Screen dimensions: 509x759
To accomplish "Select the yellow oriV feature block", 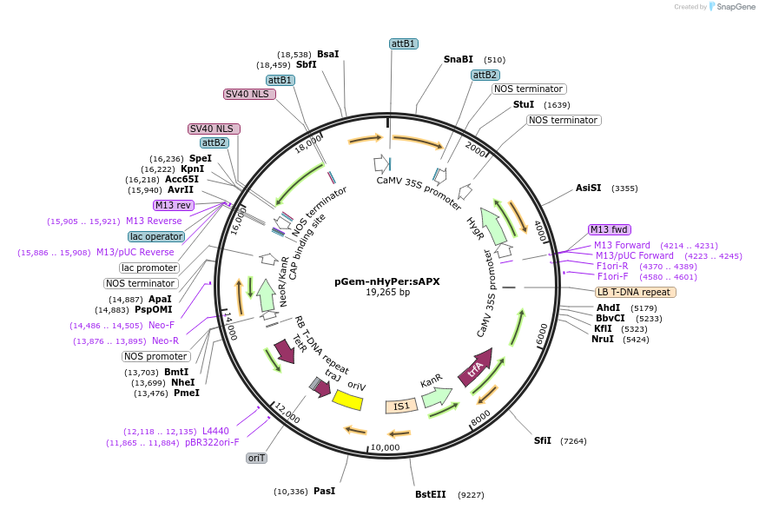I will (348, 399).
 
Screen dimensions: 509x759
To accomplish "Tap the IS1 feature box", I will (401, 406).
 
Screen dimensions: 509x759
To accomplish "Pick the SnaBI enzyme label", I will (459, 59).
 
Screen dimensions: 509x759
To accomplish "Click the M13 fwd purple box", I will (608, 229).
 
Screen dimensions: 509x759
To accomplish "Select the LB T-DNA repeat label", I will (635, 292).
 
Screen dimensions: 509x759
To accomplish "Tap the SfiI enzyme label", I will (542, 440).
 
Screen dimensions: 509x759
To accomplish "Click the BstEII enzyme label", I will (430, 494).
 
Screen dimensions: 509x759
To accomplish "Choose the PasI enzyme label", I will (324, 491).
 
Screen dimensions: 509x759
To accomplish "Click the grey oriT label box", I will (256, 458).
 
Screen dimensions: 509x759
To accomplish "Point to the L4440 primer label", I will (215, 431).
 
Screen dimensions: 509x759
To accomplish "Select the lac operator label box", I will (156, 236).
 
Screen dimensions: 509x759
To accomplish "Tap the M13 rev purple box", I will (173, 205).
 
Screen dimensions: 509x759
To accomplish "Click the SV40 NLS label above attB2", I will (214, 129).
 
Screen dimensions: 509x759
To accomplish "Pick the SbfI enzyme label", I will (307, 64).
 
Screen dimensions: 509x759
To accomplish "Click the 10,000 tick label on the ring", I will (385, 447).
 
